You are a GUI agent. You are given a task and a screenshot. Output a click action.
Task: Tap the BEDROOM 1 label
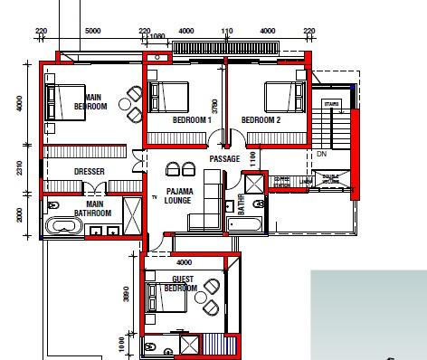[x=191, y=120]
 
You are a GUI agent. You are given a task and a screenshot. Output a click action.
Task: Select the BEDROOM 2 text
[x=261, y=120]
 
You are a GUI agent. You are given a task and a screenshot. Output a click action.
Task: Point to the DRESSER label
[x=90, y=171]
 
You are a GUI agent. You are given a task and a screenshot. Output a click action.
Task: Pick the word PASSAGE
[x=223, y=159]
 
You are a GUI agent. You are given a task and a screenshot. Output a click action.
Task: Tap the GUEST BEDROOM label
[x=183, y=284]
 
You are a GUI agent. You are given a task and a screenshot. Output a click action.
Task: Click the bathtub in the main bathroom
[x=63, y=226]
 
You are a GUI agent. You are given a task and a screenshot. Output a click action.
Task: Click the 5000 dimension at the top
[x=91, y=31]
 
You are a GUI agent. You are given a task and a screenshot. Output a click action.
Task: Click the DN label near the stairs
[x=322, y=154]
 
